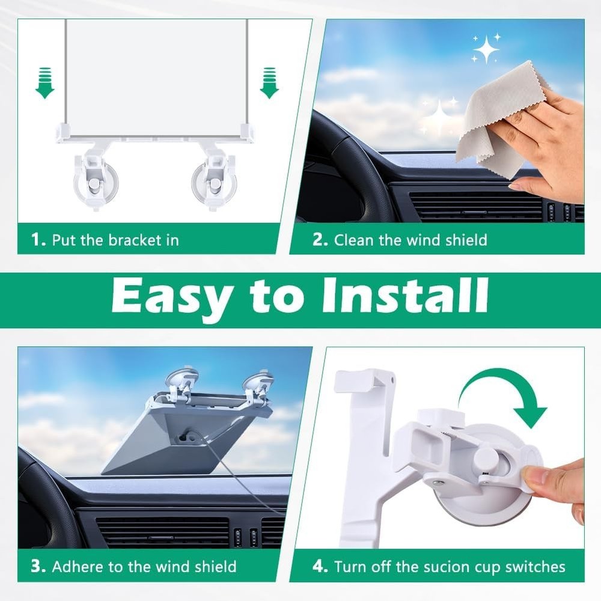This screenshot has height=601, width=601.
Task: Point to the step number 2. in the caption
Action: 320,240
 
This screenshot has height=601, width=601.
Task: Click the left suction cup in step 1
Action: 96,180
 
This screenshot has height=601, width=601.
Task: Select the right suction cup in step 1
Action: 213,180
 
